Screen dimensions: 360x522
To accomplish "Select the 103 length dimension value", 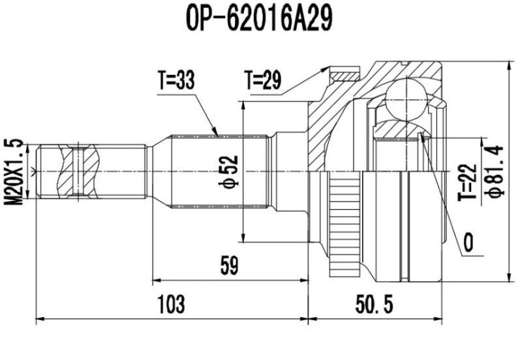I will point(171,303).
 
